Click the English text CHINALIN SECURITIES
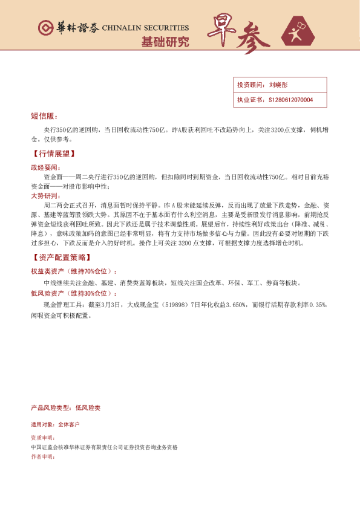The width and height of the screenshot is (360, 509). (x=145, y=28)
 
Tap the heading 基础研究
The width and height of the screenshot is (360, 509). (x=165, y=42)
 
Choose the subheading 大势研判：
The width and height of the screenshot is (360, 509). (x=45, y=196)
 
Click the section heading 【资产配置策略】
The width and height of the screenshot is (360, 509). (x=59, y=258)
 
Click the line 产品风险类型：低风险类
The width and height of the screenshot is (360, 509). (x=65, y=408)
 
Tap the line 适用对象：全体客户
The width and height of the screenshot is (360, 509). (x=55, y=425)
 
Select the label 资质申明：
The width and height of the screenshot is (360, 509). (x=42, y=437)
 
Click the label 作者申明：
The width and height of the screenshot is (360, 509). (x=42, y=457)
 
